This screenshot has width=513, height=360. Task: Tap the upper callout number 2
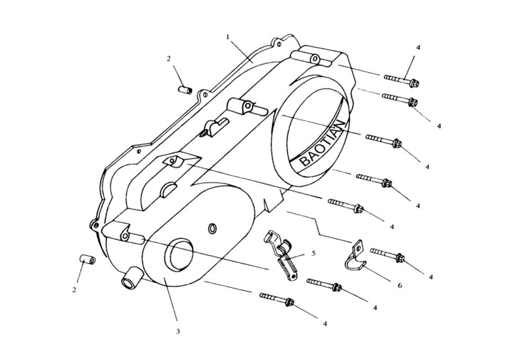169,58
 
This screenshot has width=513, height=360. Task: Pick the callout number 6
400,284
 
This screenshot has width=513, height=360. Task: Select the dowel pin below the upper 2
185,91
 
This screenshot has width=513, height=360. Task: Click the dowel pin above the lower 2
86,258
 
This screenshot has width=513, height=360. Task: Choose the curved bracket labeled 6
356,257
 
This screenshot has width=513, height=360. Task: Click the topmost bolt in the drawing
400,79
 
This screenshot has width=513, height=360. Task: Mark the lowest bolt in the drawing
279,299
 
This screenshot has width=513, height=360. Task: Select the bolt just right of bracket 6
388,254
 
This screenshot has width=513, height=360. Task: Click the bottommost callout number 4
325,324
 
